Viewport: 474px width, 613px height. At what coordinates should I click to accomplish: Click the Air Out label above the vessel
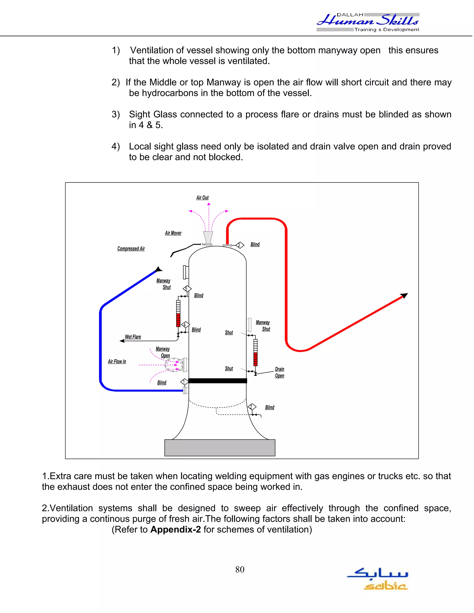(x=202, y=198)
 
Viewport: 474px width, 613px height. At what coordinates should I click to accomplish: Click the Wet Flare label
(x=133, y=337)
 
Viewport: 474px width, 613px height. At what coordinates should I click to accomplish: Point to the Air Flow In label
(x=117, y=362)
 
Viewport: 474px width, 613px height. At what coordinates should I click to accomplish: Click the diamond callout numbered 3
(x=240, y=245)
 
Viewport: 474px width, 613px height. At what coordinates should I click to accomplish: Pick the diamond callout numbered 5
(x=187, y=289)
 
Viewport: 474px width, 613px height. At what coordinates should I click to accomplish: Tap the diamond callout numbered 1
(x=184, y=382)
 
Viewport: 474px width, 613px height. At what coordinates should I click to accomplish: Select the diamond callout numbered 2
(x=252, y=407)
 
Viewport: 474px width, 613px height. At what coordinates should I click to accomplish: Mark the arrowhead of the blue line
(x=159, y=269)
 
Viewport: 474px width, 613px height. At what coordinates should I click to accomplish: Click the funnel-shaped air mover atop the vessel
(x=208, y=238)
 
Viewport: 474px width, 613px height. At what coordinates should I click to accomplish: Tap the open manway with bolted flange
(x=174, y=365)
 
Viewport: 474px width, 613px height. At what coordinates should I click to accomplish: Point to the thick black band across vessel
(x=218, y=381)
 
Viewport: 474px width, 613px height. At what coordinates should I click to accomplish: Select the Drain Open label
(x=279, y=372)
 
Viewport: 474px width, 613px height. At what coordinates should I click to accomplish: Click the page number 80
(x=240, y=570)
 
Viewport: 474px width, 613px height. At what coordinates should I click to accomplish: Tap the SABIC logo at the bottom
(x=378, y=579)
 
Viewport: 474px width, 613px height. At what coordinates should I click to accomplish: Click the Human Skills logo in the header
(x=368, y=22)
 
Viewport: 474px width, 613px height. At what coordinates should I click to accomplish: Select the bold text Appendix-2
(x=175, y=529)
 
